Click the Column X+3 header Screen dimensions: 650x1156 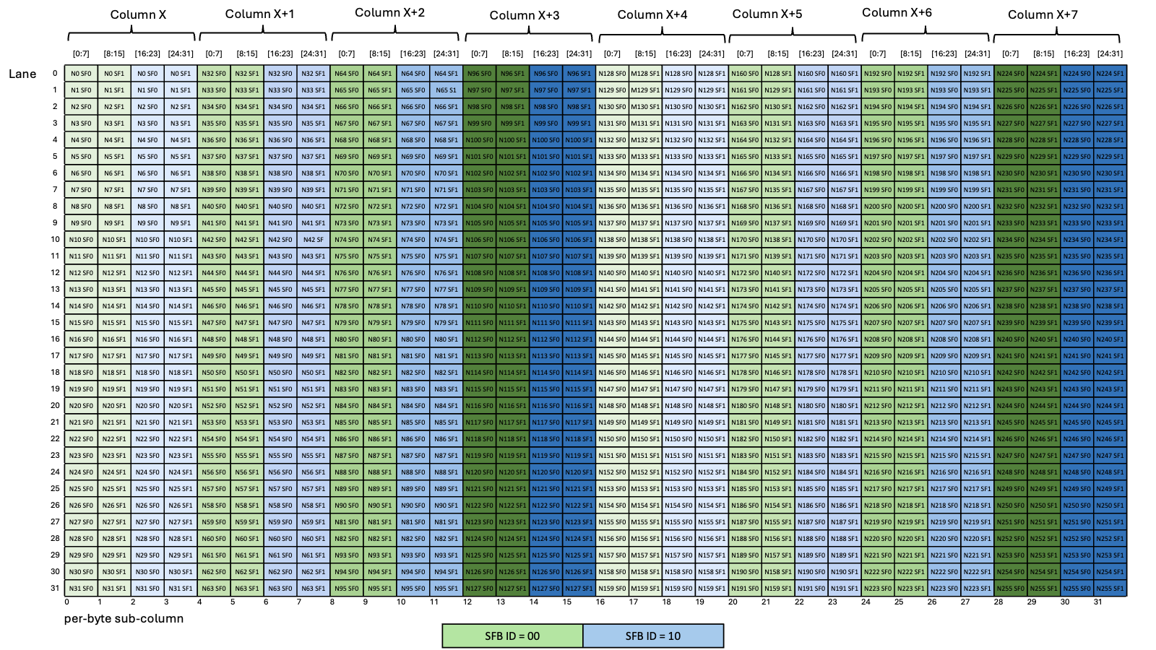(x=525, y=15)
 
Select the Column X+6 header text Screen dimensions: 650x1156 (x=897, y=13)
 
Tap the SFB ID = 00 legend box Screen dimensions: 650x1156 (x=512, y=636)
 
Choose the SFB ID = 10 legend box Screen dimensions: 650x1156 (x=653, y=636)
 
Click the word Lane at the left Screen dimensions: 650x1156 (x=22, y=74)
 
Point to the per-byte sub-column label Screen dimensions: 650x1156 (x=124, y=618)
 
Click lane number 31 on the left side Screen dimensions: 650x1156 (x=55, y=588)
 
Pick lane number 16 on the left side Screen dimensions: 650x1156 (x=55, y=339)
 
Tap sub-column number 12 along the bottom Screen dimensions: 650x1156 (x=467, y=602)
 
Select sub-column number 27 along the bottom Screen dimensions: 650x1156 (x=965, y=602)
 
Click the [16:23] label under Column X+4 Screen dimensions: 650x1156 (x=678, y=53)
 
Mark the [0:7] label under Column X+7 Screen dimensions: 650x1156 (x=1010, y=53)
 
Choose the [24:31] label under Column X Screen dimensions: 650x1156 (x=181, y=53)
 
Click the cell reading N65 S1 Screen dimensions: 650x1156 (x=446, y=90)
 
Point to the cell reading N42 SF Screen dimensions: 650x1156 (x=314, y=240)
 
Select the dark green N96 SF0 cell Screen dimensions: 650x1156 (x=479, y=74)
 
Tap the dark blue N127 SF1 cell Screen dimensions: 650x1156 (x=579, y=588)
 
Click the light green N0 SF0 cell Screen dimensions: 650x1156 (x=81, y=74)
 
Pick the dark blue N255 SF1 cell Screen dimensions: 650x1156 (x=1110, y=588)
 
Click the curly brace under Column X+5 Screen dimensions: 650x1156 (x=793, y=35)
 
